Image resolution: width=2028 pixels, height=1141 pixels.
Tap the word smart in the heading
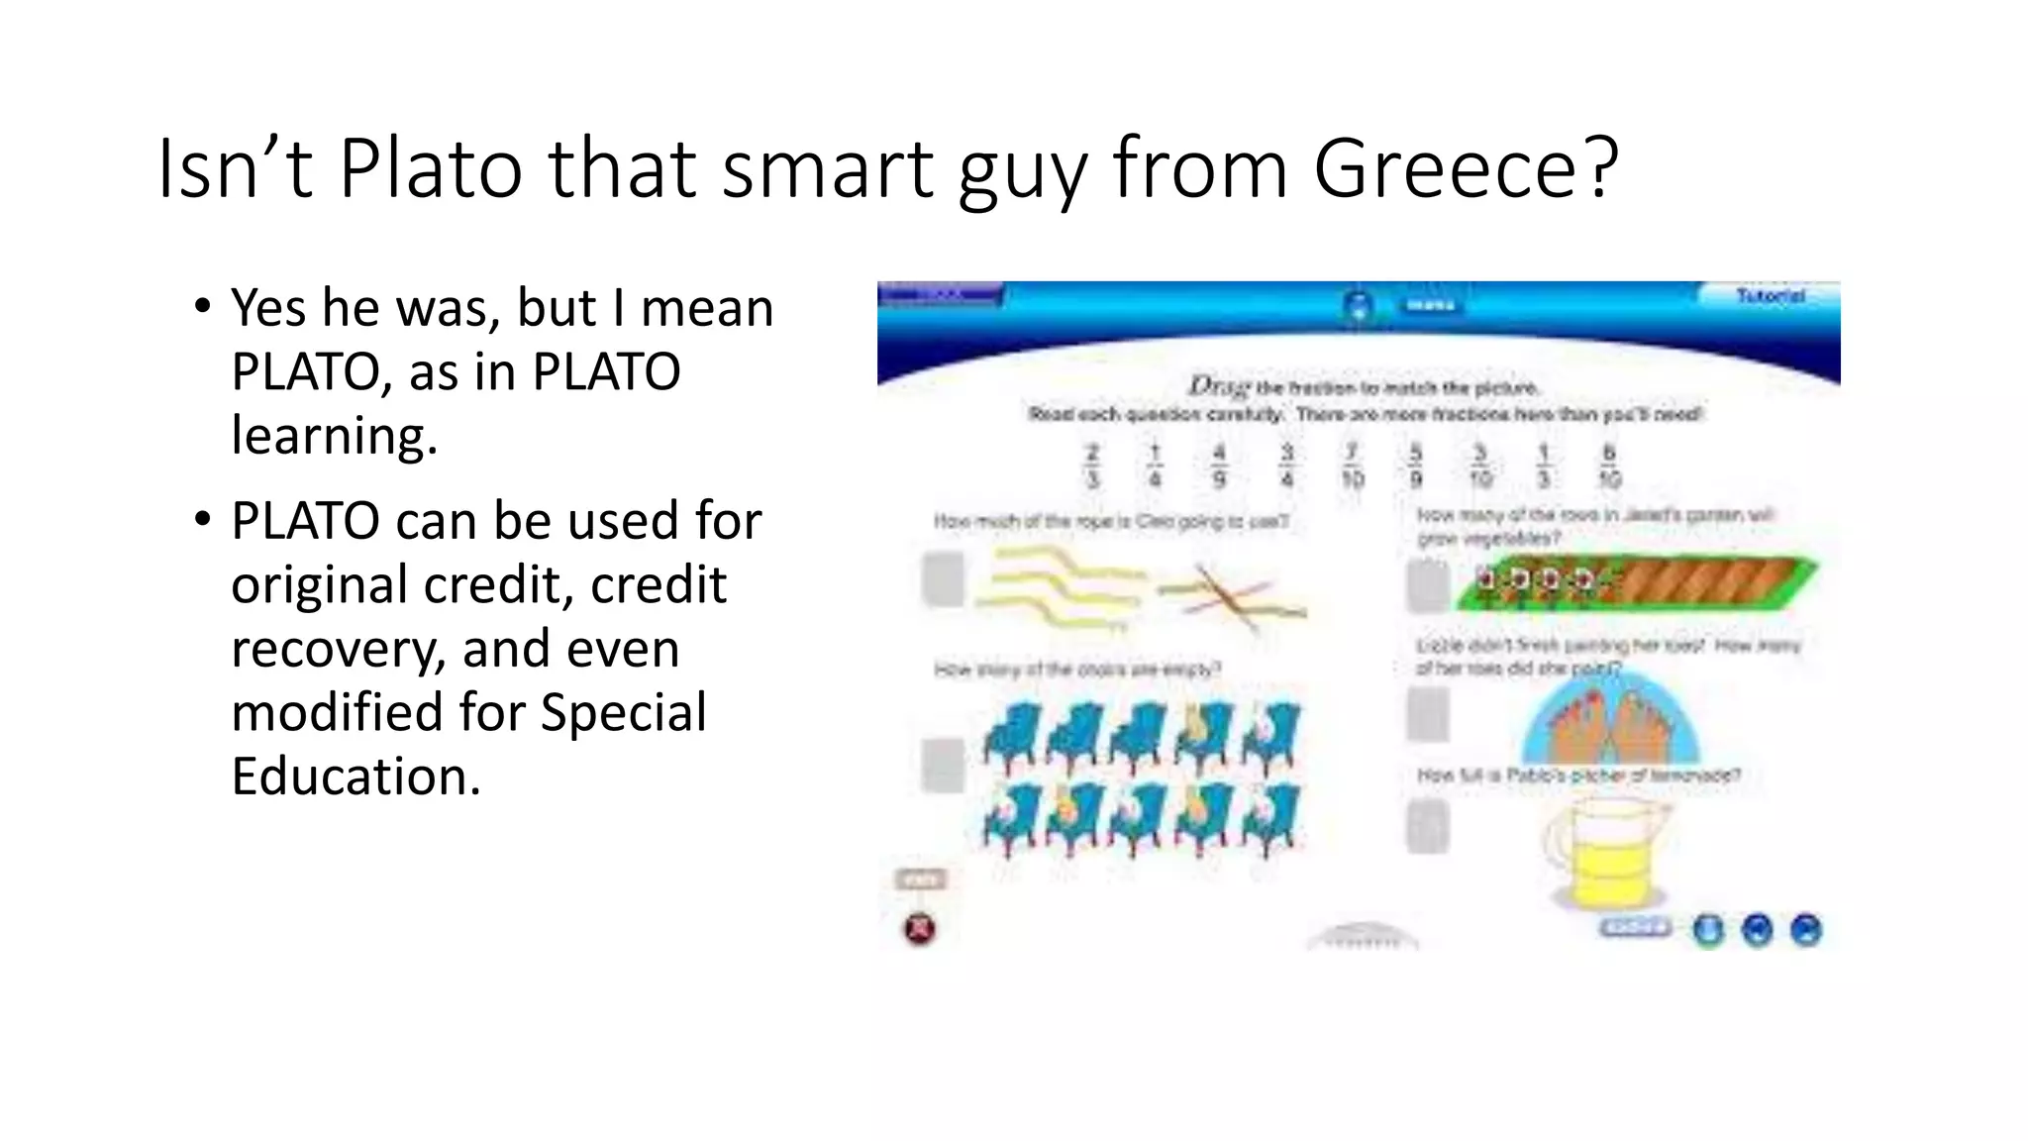point(828,168)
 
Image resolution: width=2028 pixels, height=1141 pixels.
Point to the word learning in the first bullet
point(334,436)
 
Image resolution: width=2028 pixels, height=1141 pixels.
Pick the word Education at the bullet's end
point(355,776)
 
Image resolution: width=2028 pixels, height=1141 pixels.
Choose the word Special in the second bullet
point(623,713)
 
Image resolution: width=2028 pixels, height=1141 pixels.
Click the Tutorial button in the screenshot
point(1770,295)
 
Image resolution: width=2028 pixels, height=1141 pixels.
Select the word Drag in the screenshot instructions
point(1219,385)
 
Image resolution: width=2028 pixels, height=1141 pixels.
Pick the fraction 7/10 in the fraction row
point(1352,466)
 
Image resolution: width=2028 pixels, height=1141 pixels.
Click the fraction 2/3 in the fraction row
point(1092,466)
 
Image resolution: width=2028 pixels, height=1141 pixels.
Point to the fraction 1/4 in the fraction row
point(1155,466)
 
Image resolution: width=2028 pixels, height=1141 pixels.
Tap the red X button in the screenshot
point(920,929)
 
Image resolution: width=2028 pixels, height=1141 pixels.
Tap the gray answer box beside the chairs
point(943,764)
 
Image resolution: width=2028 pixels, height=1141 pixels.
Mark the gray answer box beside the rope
point(943,579)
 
